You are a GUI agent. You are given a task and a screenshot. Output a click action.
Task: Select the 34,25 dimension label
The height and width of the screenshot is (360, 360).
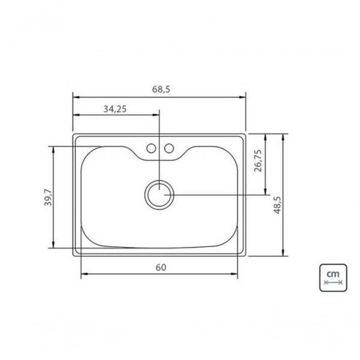click(115, 109)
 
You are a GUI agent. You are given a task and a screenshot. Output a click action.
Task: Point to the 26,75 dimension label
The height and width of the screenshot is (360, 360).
click(258, 161)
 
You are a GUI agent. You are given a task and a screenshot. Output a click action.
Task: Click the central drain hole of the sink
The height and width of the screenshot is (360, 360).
click(159, 194)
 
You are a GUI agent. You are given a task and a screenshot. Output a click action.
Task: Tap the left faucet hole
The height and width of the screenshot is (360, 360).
click(151, 148)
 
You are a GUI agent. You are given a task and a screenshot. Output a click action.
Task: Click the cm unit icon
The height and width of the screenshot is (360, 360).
click(333, 278)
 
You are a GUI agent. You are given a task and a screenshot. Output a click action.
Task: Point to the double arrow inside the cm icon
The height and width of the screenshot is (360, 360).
click(333, 283)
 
